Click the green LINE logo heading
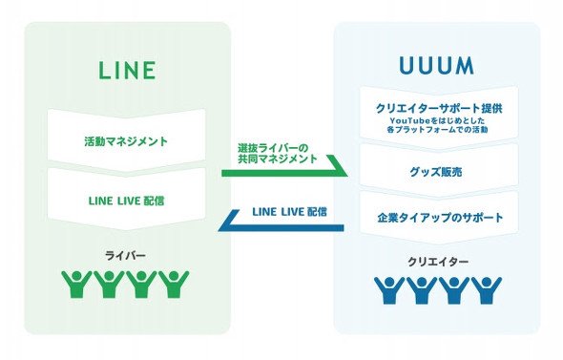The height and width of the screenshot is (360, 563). coord(127,70)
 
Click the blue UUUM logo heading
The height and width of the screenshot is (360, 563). coord(436,66)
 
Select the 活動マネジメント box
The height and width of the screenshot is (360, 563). coord(126,141)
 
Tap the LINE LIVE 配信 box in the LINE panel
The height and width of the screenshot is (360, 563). coord(126,201)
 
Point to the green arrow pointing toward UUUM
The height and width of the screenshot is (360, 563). coord(284,169)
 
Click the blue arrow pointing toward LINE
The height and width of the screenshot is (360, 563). coord(281,224)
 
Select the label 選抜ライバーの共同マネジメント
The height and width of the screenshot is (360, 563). coord(278,153)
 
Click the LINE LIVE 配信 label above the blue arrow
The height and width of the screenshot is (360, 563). coord(289,212)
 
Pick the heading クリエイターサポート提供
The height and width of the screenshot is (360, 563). coord(439,108)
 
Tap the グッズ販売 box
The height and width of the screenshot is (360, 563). coord(439,171)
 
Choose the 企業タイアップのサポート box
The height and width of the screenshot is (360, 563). coord(439,218)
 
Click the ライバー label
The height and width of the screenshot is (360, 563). coord(125,256)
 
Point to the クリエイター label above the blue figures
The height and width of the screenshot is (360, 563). coord(438,262)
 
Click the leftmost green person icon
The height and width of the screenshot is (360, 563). coord(76,285)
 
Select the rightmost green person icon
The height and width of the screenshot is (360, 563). coord(174,285)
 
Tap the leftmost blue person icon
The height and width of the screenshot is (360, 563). coord(389,290)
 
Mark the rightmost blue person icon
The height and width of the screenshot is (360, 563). coord(487,290)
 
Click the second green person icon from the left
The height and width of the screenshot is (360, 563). coord(109,285)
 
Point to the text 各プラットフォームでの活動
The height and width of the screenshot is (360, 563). coord(437,129)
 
